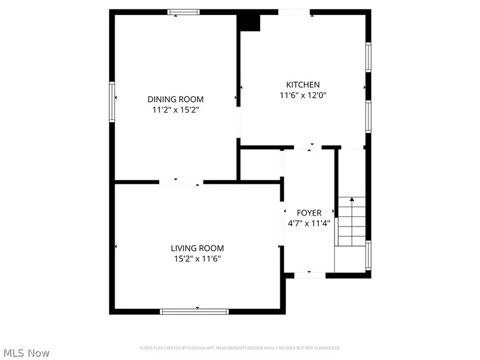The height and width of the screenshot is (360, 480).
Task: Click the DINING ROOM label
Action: pos(175,99)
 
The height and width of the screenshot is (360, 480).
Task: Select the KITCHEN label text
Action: pos(303,85)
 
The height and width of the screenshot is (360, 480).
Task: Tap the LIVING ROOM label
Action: pos(197,248)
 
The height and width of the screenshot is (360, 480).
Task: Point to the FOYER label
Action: pos(309,213)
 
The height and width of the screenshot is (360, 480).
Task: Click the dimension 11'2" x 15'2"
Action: pos(175,110)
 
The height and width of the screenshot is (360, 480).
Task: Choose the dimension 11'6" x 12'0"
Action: pos(303,95)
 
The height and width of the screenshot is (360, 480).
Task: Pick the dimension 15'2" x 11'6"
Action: pos(197,259)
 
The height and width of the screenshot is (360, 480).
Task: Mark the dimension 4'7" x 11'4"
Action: pos(309,223)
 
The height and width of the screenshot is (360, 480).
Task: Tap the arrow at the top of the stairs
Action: pos(351,199)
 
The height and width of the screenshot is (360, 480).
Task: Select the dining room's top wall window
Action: pos(184,12)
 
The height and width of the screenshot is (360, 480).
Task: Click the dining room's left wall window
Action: pos(112,101)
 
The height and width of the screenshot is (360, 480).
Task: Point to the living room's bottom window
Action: pos(195,311)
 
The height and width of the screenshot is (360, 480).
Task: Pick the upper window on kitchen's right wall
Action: pos(368,57)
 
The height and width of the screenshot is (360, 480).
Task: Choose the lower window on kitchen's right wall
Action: pos(368,116)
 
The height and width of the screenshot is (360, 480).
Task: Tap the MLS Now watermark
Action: pos(27,353)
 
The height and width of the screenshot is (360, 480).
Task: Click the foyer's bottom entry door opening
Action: pos(310,275)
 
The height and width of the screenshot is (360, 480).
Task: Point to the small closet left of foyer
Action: pos(260,164)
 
